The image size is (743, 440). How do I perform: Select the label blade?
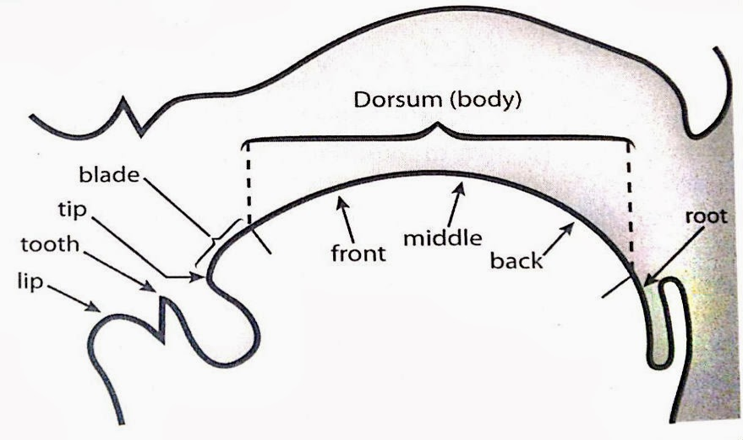tap(110, 175)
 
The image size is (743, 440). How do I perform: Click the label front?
tap(358, 252)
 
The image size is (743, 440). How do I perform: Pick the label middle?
tap(442, 237)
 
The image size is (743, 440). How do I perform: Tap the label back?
tap(516, 260)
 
